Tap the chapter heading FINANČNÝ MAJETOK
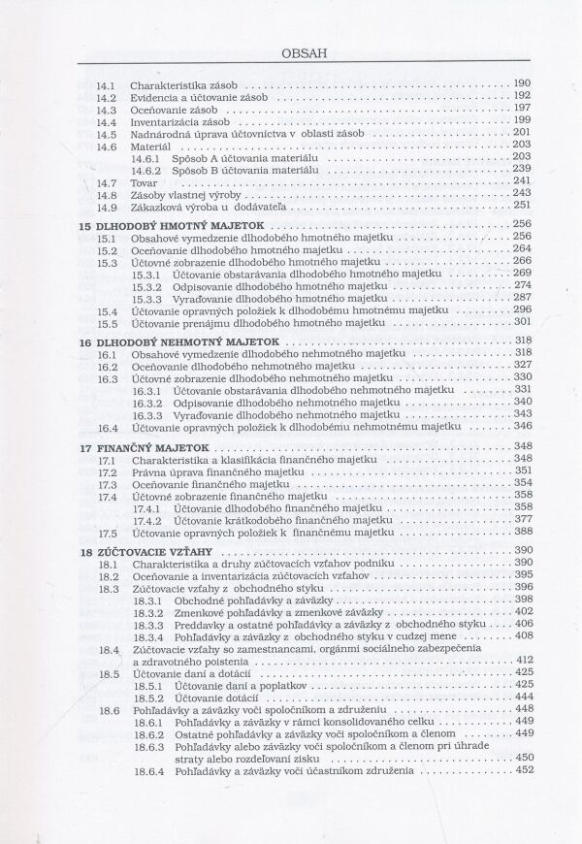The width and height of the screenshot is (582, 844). tap(145, 447)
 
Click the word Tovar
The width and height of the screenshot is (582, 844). tap(144, 181)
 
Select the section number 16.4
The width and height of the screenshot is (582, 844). tap(108, 426)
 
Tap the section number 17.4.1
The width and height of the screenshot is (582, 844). tap(147, 506)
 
